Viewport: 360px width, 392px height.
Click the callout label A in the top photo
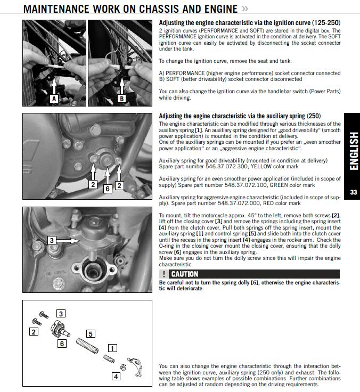54,99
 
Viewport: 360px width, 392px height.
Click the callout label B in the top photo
121,99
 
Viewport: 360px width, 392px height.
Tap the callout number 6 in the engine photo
107,188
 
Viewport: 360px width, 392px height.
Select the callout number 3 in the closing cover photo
52,240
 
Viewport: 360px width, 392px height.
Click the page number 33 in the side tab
353,192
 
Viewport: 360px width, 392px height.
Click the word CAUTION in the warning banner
185,274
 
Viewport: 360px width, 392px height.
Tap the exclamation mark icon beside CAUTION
164,274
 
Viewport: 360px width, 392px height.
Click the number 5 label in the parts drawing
91,334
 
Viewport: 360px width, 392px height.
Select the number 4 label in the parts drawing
116,376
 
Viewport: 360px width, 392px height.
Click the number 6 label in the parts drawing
62,344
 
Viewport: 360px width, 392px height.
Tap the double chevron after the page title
244,9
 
